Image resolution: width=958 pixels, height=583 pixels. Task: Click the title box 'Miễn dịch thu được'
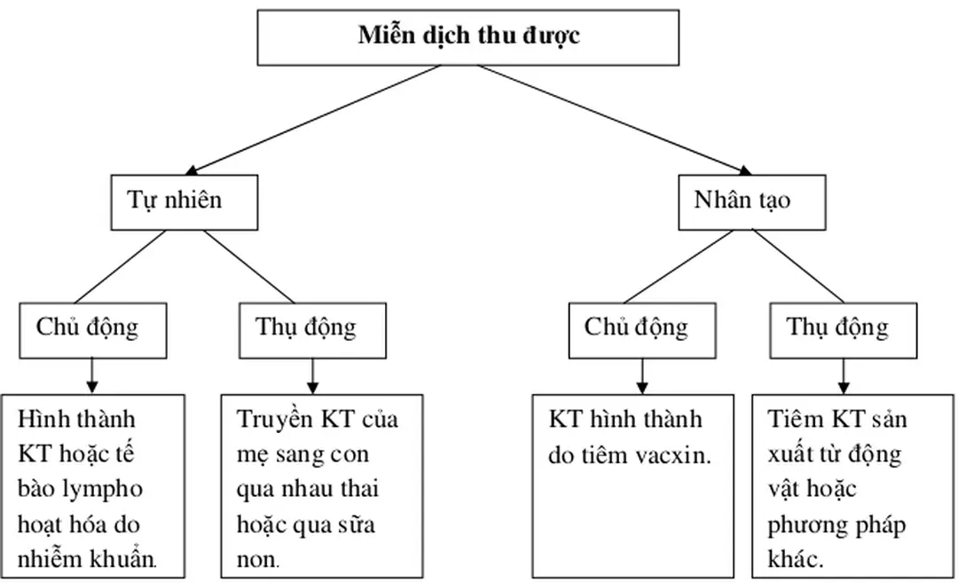click(x=470, y=36)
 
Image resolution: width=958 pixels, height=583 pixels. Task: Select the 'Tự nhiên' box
click(x=174, y=201)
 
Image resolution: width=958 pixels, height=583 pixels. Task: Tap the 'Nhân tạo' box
click(x=742, y=201)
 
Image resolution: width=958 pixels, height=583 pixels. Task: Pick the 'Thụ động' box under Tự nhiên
click(x=306, y=327)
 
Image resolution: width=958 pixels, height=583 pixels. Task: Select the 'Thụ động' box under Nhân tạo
click(x=837, y=327)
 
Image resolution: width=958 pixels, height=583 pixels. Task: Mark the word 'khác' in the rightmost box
click(x=797, y=561)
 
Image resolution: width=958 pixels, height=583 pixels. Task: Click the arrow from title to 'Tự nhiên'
click(x=310, y=119)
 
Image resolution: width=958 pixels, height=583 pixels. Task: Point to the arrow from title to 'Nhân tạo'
click(x=612, y=119)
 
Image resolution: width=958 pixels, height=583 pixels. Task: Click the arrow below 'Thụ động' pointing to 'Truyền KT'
click(x=310, y=377)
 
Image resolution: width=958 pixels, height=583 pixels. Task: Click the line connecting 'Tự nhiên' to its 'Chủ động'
click(x=120, y=266)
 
